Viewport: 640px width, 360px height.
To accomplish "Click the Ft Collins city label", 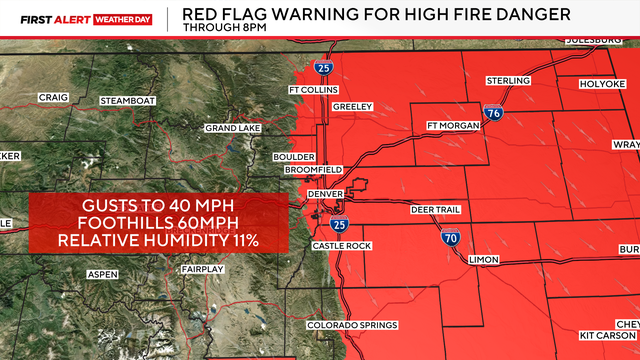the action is (308, 91).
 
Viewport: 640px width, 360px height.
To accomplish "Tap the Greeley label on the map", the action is (353, 107).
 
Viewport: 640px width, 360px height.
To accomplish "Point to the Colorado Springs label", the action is (352, 325).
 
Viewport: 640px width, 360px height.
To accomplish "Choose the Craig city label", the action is (53, 97).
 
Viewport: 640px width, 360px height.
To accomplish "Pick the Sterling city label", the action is (508, 80).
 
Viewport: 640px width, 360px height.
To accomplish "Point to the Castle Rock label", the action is (341, 245).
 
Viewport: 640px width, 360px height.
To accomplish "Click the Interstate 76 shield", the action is (493, 116).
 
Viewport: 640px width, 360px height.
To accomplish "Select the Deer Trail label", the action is (436, 210).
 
